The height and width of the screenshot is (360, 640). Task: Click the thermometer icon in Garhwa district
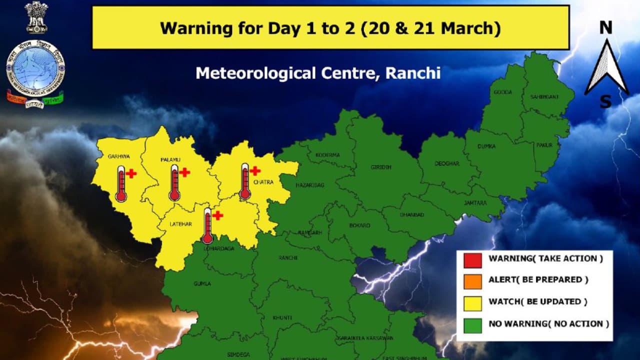click(x=121, y=184)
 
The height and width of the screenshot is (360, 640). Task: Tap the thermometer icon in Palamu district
click(x=174, y=182)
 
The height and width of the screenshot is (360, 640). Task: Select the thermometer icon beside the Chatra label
click(x=244, y=181)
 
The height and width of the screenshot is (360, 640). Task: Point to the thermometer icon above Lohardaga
click(x=207, y=226)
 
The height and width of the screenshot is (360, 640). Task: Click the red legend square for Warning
click(x=472, y=260)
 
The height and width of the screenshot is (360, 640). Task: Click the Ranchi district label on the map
click(x=288, y=258)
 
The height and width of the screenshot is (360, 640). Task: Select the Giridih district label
click(x=381, y=167)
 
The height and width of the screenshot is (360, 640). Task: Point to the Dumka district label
click(x=486, y=146)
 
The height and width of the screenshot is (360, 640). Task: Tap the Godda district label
click(x=502, y=92)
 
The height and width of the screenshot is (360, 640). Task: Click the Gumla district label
click(x=202, y=283)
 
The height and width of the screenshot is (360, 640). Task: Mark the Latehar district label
click(x=178, y=223)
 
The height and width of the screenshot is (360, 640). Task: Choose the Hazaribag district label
click(x=310, y=185)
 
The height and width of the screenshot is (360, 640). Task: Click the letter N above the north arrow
click(x=606, y=28)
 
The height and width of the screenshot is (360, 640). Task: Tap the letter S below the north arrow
click(x=605, y=102)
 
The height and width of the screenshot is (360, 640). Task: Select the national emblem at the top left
click(x=36, y=17)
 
